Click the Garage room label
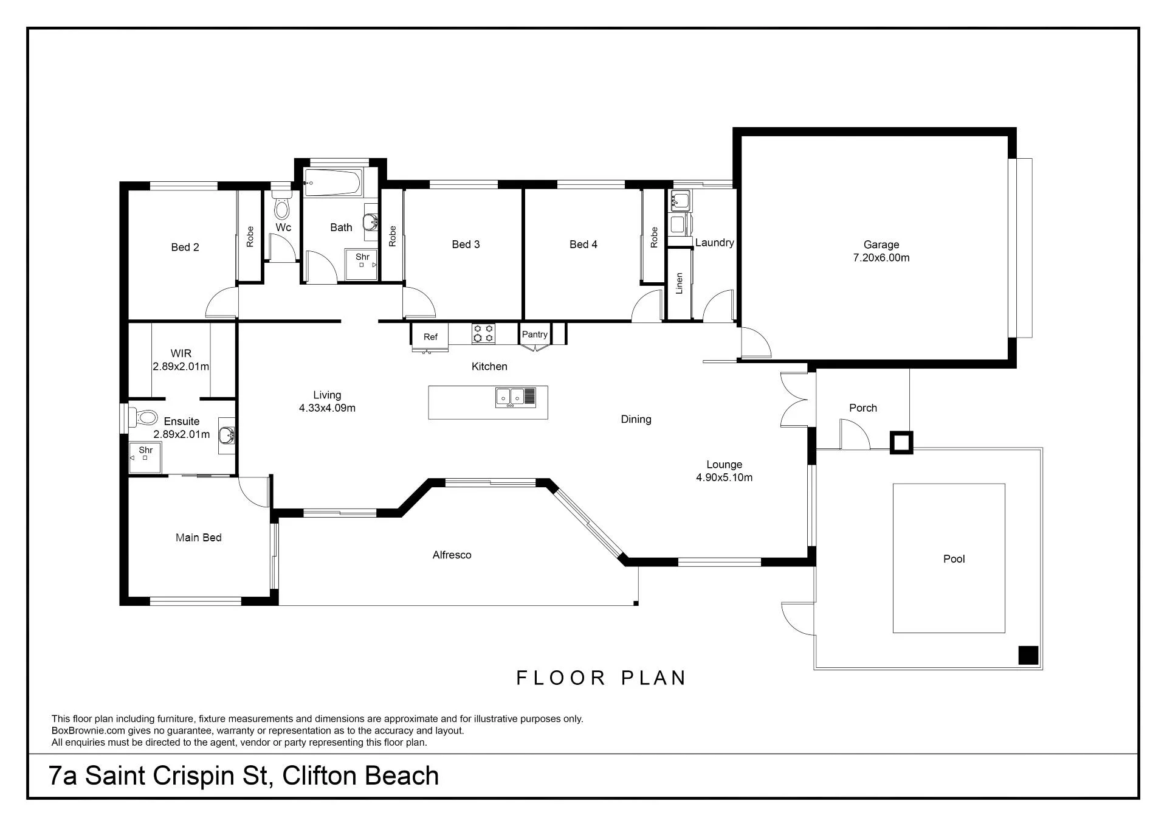click(x=881, y=245)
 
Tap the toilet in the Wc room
click(x=281, y=205)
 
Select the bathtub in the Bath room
click(x=332, y=182)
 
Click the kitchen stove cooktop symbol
click(x=483, y=334)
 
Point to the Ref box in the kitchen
click(x=430, y=336)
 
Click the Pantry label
click(x=535, y=334)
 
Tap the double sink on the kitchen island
click(x=515, y=397)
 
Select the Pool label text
click(x=954, y=559)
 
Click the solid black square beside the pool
click(x=1028, y=655)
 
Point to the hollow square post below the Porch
click(x=901, y=442)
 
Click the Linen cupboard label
click(x=680, y=283)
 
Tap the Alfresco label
click(x=452, y=555)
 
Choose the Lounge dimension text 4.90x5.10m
click(x=725, y=477)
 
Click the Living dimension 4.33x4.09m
click(x=327, y=408)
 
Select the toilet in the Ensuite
click(x=143, y=418)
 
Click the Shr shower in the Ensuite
click(x=145, y=457)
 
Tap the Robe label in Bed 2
click(x=250, y=237)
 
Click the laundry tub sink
click(x=681, y=200)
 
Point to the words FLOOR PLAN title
click(x=601, y=678)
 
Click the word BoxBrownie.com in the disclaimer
click(x=89, y=731)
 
